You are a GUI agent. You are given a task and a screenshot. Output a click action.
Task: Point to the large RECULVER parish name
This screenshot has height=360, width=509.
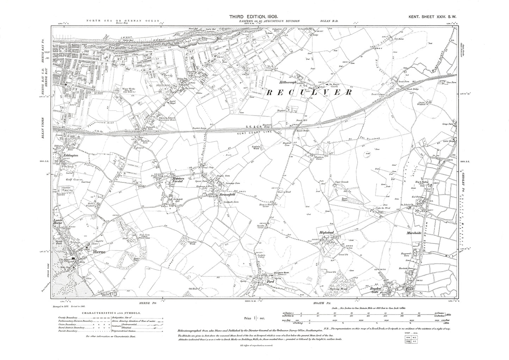pyautogui.click(x=309, y=92)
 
